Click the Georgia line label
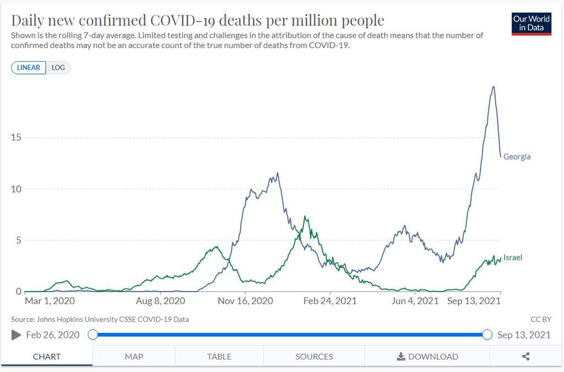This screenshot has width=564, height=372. coord(517,157)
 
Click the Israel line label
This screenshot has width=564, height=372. coord(512,257)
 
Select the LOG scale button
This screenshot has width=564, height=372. coord(58,68)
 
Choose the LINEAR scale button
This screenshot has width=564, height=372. coord(29,68)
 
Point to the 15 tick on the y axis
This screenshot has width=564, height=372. coord(17,137)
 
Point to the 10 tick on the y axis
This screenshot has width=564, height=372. coord(17,189)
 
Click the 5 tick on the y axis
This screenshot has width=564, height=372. coord(19,240)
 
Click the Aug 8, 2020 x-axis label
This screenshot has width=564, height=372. coord(160,301)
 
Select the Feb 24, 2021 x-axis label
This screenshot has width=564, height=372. coord(330,301)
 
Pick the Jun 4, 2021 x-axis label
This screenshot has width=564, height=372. coord(415,301)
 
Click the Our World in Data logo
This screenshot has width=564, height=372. coord(532,23)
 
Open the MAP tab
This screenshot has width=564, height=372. coord(134,357)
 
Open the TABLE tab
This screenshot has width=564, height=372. coord(219,357)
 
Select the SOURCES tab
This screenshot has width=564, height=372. coord(314,357)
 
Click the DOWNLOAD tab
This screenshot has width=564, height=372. coord(427,357)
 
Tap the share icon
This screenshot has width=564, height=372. coord(525,357)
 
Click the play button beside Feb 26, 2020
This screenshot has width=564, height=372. coord(16,335)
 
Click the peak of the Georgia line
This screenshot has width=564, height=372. coord(493,87)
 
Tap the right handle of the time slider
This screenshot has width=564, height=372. coord(487,335)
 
